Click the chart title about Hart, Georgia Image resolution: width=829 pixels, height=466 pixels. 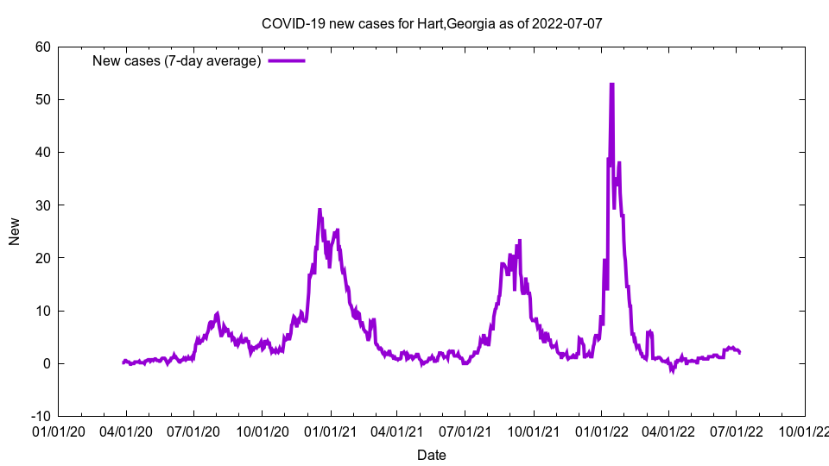pos(431,23)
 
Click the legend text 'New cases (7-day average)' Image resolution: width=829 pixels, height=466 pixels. pos(177,60)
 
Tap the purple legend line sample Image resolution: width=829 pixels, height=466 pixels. pos(287,60)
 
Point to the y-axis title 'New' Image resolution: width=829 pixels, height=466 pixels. pos(15,231)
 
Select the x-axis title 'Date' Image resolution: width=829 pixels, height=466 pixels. pos(431,455)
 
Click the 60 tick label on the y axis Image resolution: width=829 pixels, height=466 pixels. pos(42,47)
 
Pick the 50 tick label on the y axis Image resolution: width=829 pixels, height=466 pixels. pos(42,99)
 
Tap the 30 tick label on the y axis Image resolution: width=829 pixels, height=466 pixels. pos(42,205)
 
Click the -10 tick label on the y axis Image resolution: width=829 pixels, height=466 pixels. pos(39,416)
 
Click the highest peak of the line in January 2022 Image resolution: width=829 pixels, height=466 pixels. pos(611,85)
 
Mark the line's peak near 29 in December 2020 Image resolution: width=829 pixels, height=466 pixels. pos(320,210)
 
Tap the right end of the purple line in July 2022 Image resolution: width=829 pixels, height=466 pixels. pos(739,352)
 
